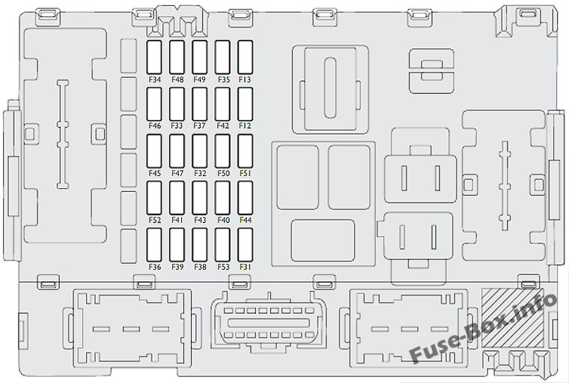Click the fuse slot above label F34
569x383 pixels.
[x=154, y=57]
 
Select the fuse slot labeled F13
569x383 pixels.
[x=246, y=57]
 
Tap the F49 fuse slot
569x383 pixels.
[x=200, y=57]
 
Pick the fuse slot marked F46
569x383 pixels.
[x=154, y=104]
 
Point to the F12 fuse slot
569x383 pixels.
[x=246, y=104]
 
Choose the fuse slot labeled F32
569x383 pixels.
[x=200, y=151]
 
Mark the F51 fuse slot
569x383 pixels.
[x=246, y=151]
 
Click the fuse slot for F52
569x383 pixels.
[x=154, y=198]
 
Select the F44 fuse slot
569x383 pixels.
[x=246, y=198]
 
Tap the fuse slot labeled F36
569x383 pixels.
[x=154, y=244]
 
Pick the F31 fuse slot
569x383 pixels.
[x=246, y=244]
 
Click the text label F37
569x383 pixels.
[x=200, y=126]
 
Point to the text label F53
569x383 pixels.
[x=224, y=267]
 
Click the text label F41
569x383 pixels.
[x=177, y=220]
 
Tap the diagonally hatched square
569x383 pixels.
[x=512, y=318]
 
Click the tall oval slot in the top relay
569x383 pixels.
[x=330, y=88]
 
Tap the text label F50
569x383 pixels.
[x=224, y=173]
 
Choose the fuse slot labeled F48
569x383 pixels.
[x=177, y=57]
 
